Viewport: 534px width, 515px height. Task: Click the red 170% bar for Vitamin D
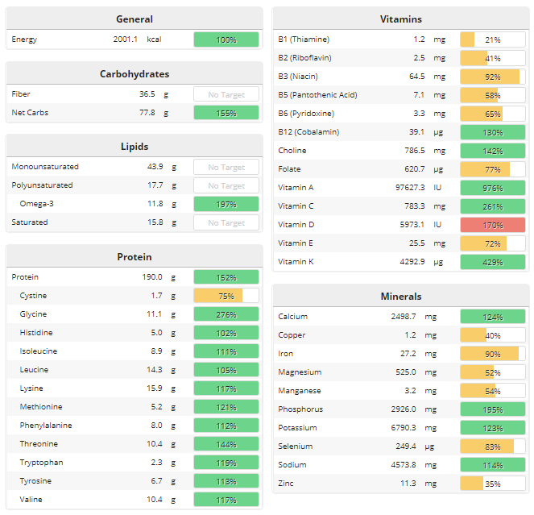[492, 225]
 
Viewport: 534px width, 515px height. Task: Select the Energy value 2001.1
[125, 39]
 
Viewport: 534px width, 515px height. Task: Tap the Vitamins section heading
[400, 19]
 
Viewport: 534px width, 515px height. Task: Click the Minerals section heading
[400, 297]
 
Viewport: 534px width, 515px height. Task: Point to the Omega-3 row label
[38, 204]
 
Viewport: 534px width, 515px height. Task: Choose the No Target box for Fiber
[226, 94]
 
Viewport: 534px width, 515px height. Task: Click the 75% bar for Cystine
[226, 296]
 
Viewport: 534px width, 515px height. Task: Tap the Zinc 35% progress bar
[492, 484]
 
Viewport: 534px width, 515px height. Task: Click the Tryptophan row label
[41, 463]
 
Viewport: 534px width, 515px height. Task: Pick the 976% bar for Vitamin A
[492, 188]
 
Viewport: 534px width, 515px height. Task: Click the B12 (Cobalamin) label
[308, 132]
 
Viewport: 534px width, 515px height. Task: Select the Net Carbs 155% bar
[226, 113]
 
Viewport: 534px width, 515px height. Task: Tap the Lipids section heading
[135, 147]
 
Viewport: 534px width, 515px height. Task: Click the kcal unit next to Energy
[155, 39]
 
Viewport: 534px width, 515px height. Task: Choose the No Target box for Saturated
[226, 222]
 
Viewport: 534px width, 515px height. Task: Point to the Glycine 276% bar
[226, 314]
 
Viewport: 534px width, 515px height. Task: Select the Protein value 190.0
[148, 277]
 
